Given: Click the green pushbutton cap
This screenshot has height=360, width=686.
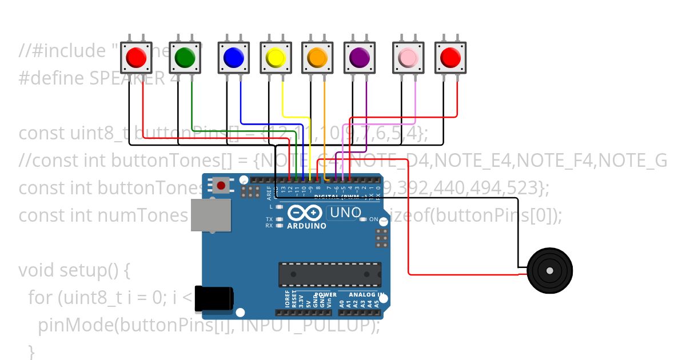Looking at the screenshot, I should (184, 57).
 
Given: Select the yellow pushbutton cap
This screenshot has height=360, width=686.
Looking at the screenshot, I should (276, 57).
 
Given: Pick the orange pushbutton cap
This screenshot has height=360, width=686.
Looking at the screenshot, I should (317, 57).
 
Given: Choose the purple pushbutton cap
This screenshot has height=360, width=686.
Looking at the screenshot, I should (359, 57).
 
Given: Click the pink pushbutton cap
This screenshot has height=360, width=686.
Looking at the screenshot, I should (408, 57).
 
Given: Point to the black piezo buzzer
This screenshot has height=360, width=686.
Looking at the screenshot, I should (549, 270).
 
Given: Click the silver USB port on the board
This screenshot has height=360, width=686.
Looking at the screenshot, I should (210, 214).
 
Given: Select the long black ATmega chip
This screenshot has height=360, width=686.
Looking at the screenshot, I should (330, 275).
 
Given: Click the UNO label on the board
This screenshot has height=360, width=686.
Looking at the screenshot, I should (344, 213).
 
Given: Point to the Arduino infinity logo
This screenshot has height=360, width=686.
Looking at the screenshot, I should (303, 213).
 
